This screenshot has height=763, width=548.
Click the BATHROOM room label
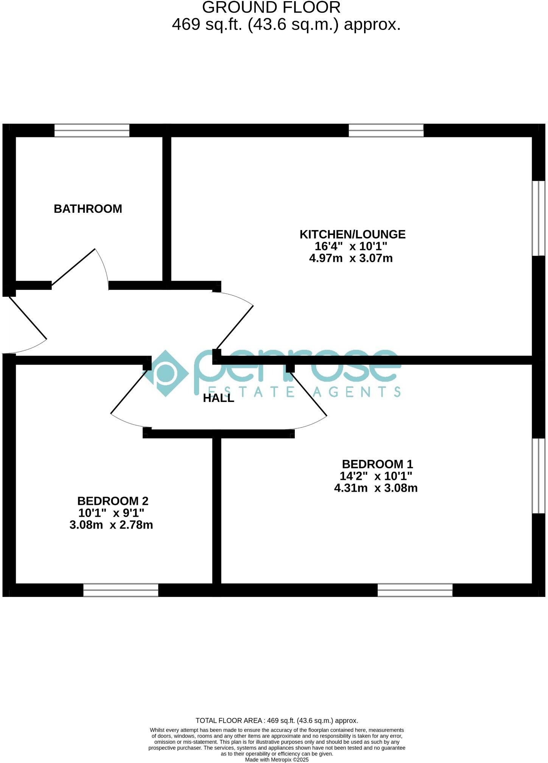click(x=88, y=209)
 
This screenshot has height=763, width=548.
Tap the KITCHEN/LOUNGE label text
click(x=352, y=234)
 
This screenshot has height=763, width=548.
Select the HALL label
click(x=218, y=398)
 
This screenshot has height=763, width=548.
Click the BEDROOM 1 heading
click(x=377, y=464)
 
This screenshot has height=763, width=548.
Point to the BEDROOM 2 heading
click(x=113, y=501)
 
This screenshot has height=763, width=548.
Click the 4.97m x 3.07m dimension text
click(x=351, y=258)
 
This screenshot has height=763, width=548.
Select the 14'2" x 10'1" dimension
click(x=376, y=476)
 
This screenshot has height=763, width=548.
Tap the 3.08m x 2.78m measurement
click(x=111, y=525)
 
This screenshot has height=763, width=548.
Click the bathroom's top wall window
click(x=92, y=131)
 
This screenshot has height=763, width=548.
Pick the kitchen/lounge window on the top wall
click(x=386, y=131)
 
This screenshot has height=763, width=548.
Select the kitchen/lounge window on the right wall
click(x=539, y=218)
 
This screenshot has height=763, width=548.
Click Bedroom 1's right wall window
click(x=539, y=476)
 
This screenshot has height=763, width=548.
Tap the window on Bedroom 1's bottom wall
click(x=415, y=590)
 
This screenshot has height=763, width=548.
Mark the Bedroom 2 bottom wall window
click(x=121, y=590)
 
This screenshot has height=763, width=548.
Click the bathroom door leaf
click(x=73, y=267)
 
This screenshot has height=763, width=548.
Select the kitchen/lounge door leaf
click(x=234, y=327)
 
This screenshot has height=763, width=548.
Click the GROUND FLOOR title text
click(x=271, y=8)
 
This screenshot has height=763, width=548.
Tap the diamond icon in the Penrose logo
click(x=165, y=373)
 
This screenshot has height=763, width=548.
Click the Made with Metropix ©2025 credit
click(x=277, y=760)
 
